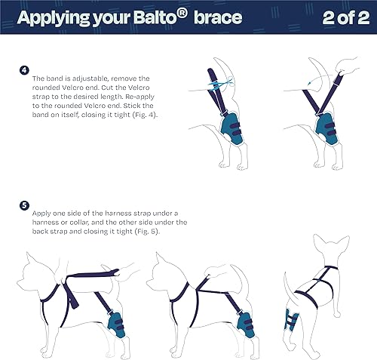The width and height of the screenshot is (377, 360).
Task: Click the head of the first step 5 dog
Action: [x=35, y=268]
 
